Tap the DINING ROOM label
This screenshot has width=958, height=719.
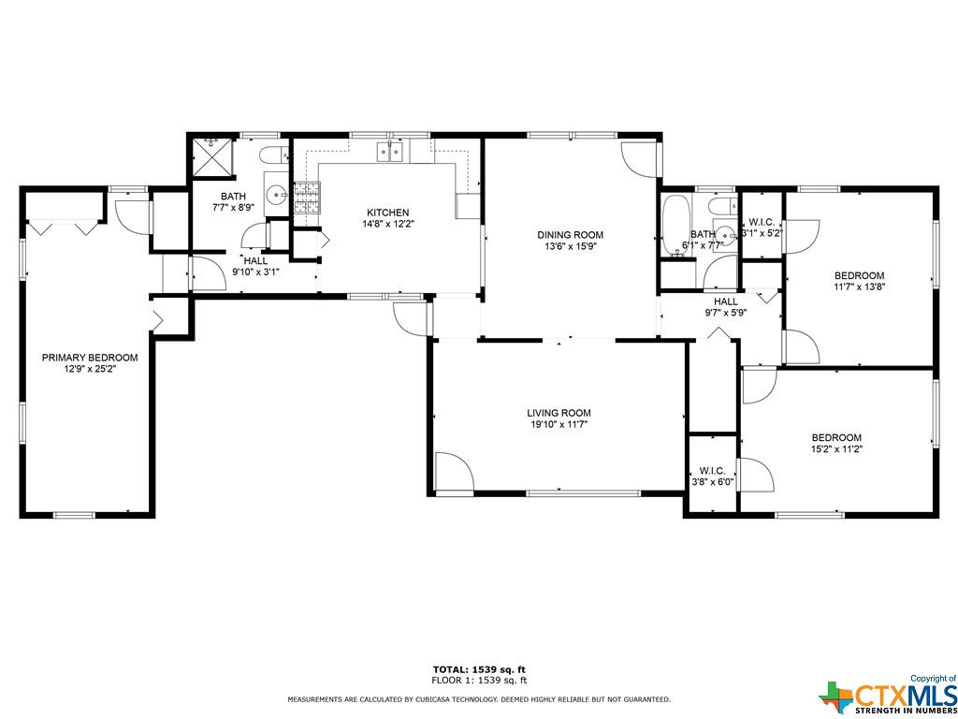tap(570, 235)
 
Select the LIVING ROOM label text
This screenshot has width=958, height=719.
tap(559, 413)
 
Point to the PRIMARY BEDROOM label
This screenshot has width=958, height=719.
tap(90, 358)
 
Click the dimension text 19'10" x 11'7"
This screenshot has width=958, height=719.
tap(559, 424)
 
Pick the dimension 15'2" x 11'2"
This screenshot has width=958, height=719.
tap(836, 448)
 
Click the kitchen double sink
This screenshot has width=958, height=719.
tap(390, 151)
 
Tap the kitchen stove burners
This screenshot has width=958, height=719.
tap(307, 198)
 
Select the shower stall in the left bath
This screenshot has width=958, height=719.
tap(210, 157)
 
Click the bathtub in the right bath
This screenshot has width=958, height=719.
tap(675, 225)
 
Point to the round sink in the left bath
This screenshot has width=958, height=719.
tap(280, 196)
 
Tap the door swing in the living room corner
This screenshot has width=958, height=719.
tap(454, 471)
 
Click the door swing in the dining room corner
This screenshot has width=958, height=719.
tap(640, 159)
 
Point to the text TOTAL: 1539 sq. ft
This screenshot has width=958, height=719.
tap(480, 668)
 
